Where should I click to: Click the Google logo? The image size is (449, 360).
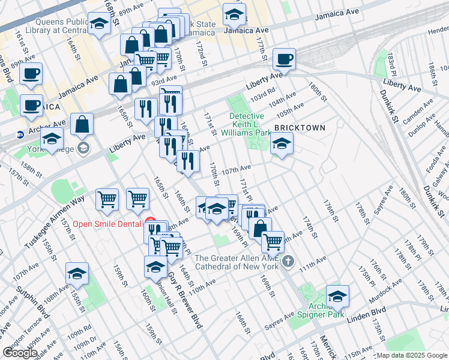click(20, 353)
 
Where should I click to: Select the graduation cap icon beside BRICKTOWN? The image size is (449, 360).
click(282, 144)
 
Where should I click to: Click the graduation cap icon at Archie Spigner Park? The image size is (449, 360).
click(337, 296)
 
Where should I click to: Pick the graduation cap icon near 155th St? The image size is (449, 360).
click(77, 274)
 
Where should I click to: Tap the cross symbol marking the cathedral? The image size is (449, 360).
click(288, 261)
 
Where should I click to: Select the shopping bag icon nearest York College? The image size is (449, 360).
click(82, 125)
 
